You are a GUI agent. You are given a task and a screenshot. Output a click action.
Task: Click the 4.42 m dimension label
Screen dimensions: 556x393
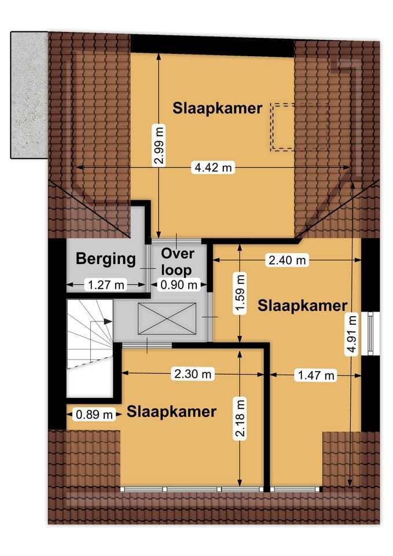click(213, 167)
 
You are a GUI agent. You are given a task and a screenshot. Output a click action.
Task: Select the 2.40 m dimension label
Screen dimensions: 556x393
click(287, 260)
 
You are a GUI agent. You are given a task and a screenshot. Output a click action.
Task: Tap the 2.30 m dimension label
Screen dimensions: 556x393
click(192, 374)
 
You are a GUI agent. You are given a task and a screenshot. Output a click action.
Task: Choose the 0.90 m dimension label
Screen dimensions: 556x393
click(178, 284)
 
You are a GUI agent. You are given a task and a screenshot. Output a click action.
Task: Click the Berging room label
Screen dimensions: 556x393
click(106, 259)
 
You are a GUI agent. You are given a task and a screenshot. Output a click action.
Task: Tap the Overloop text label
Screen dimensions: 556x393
click(178, 261)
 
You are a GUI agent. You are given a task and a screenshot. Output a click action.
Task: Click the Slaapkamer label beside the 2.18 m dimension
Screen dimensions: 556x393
click(172, 412)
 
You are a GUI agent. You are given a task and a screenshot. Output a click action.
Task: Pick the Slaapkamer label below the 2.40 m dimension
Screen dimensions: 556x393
click(303, 305)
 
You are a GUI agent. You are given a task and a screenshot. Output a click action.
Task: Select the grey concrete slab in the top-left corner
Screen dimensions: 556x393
click(28, 94)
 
